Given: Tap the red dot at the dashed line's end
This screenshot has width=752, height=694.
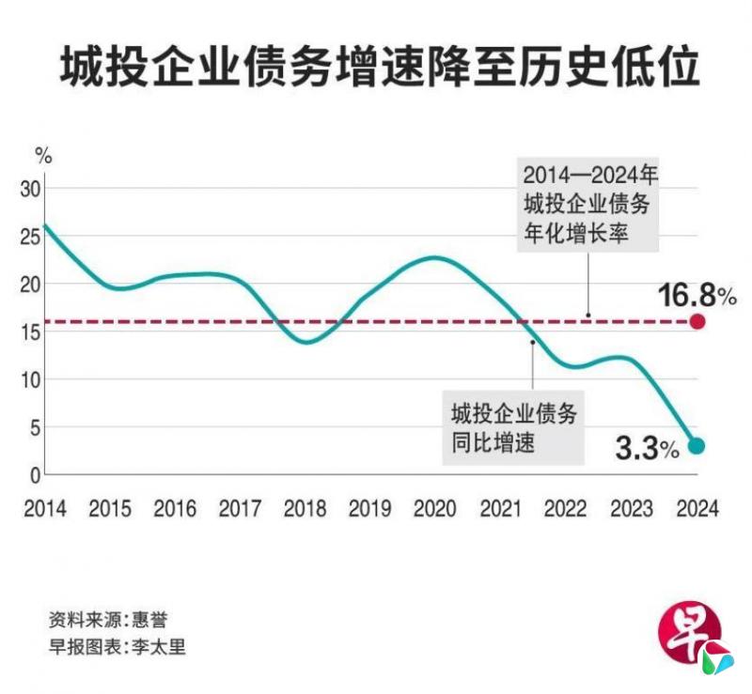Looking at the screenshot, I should tap(697, 322).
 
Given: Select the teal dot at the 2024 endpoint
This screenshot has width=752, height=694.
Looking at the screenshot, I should tap(697, 446).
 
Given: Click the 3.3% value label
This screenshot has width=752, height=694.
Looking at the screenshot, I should tap(647, 449).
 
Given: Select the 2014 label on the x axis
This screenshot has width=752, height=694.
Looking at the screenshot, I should tap(45, 509).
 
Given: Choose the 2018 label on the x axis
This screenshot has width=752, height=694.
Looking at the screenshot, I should tap(305, 509).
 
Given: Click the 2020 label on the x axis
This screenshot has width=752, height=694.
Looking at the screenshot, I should tap(435, 509).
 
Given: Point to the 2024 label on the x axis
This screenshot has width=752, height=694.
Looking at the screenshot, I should tap(697, 509).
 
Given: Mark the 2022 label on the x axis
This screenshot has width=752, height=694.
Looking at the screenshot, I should tap(566, 509).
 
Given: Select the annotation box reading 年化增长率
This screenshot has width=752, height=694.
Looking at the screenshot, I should tap(587, 205).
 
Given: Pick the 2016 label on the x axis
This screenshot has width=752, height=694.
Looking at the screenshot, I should tap(175, 509).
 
